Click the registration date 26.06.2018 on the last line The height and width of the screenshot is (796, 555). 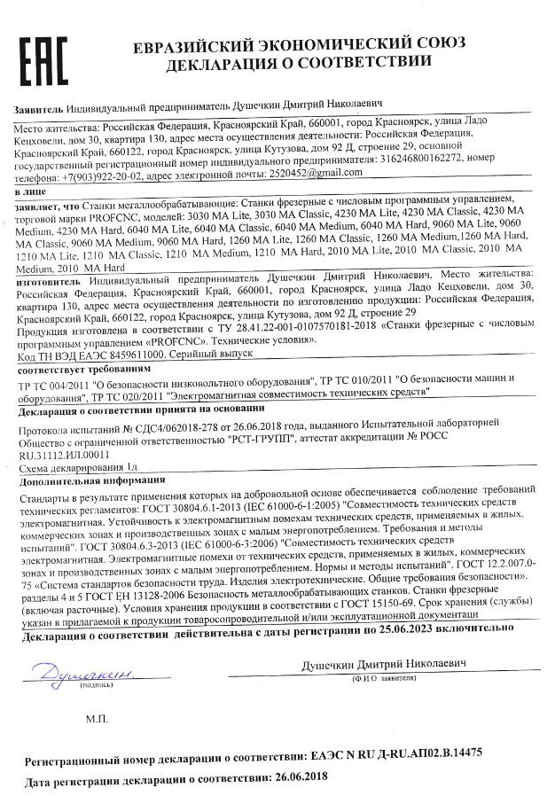point(301,776)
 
